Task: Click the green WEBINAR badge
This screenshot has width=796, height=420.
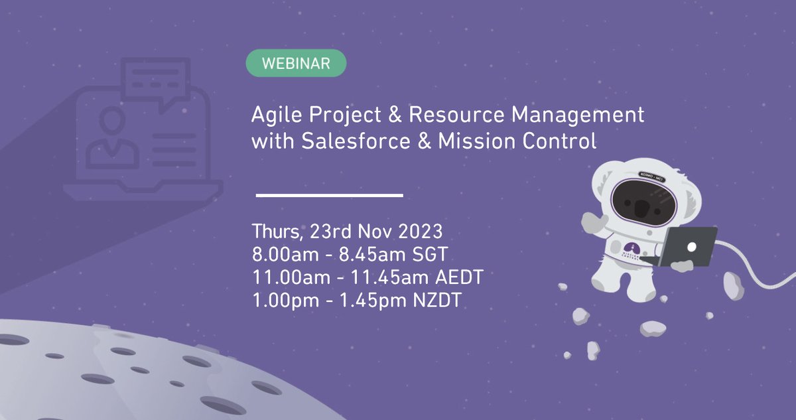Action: tap(296, 63)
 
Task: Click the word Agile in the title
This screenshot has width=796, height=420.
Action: tap(273, 115)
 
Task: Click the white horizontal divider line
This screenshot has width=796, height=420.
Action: tap(330, 195)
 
